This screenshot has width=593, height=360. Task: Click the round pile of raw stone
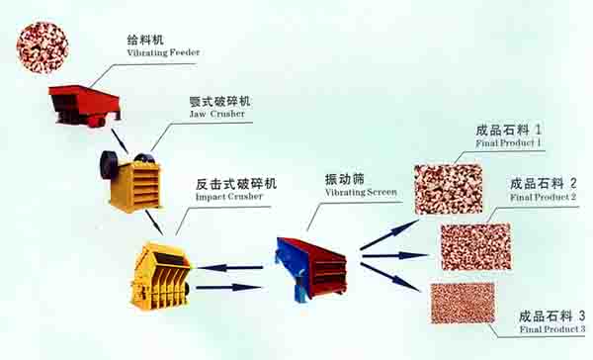(x=42, y=47)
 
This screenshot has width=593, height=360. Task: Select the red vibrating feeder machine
(x=85, y=106)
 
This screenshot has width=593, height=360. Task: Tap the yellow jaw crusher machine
(x=130, y=181)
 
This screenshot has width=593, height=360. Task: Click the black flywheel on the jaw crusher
(x=108, y=164)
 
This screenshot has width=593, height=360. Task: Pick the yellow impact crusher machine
(x=160, y=276)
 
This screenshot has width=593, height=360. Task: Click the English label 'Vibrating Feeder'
(x=163, y=52)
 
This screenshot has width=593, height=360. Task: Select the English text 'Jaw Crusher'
(x=217, y=114)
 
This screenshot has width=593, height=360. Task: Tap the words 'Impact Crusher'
(x=229, y=197)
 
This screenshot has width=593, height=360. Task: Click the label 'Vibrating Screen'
(x=361, y=192)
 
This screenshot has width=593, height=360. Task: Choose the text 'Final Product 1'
(x=508, y=143)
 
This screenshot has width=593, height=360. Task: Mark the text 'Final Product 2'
(x=543, y=197)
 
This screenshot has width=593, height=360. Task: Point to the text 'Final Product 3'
(x=552, y=329)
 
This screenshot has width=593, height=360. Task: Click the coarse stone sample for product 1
(x=449, y=189)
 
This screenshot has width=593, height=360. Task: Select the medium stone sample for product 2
(x=476, y=246)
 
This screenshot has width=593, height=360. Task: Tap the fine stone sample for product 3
(x=463, y=304)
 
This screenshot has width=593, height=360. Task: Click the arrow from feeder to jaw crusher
(x=120, y=141)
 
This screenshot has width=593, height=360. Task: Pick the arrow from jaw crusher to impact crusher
(x=154, y=223)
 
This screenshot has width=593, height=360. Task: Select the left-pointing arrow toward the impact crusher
(x=229, y=268)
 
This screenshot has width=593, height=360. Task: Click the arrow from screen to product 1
(x=389, y=234)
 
